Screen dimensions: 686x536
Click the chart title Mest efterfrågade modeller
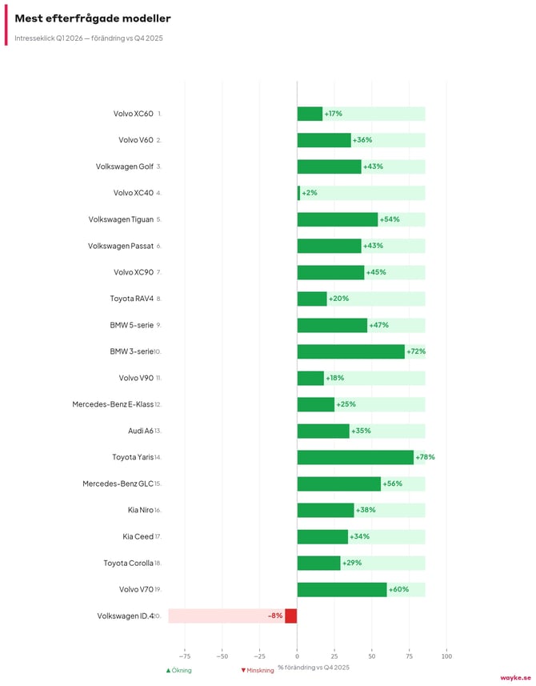tap(92, 18)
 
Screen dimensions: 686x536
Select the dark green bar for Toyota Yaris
tap(355, 457)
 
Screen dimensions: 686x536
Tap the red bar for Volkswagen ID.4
tap(291, 616)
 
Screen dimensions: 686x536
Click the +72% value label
tap(416, 351)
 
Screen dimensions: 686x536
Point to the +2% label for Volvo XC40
tap(310, 193)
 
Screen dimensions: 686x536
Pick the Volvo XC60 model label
tap(133, 114)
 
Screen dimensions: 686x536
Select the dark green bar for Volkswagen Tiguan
tap(337, 219)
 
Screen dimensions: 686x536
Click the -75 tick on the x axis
tap(185, 652)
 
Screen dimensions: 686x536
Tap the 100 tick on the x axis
tap(446, 652)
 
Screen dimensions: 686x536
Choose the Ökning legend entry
tap(179, 670)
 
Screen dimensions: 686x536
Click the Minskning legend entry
tap(258, 670)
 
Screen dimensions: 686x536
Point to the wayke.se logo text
tap(515, 677)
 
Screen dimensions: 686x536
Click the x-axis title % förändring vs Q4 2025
tap(314, 667)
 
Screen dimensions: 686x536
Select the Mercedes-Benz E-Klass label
tap(113, 404)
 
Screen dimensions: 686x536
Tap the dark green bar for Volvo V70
tap(342, 589)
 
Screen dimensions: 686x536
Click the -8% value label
tap(275, 616)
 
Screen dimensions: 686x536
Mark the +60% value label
tap(398, 589)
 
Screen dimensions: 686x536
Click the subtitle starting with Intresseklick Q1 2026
tap(89, 38)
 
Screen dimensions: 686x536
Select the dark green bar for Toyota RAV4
tap(312, 299)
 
